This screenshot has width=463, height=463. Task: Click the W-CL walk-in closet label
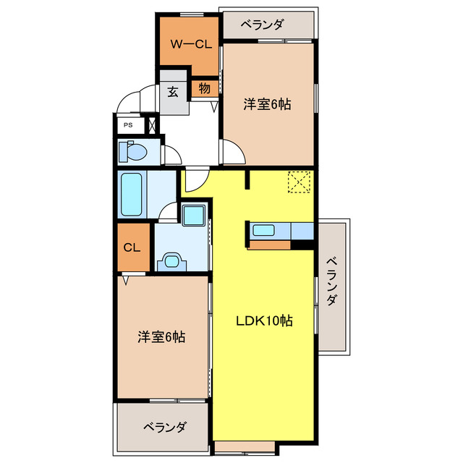tap(190, 43)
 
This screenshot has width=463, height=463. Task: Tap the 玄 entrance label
tap(174, 92)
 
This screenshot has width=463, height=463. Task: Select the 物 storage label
tap(204, 89)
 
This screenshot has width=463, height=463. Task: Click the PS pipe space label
tap(128, 124)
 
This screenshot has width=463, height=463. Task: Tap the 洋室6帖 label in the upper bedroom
tap(267, 104)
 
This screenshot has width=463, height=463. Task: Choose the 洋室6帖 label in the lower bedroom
tap(162, 336)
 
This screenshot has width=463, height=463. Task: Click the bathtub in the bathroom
tap(131, 194)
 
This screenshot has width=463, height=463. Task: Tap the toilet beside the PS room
tap(133, 153)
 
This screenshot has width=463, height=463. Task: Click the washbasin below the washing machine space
tap(173, 260)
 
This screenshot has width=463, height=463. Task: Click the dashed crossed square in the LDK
tap(298, 182)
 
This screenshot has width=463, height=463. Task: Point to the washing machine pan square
tap(193, 215)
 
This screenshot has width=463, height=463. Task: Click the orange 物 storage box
tap(204, 89)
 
